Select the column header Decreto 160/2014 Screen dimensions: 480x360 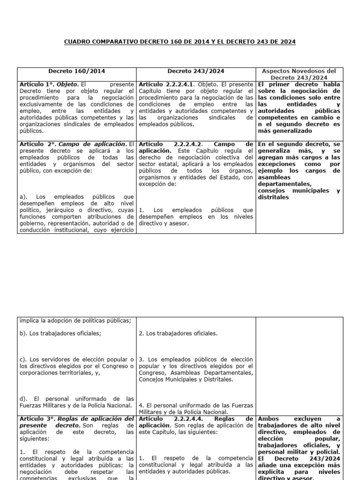[x=77, y=71]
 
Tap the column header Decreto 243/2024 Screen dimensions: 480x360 [x=196, y=71]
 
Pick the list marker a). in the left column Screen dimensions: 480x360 [x=24, y=197]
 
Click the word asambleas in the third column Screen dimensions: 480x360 [x=275, y=178]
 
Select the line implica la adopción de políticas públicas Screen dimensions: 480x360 [x=75, y=321]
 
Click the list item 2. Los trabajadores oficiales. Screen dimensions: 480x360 [x=178, y=334]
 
